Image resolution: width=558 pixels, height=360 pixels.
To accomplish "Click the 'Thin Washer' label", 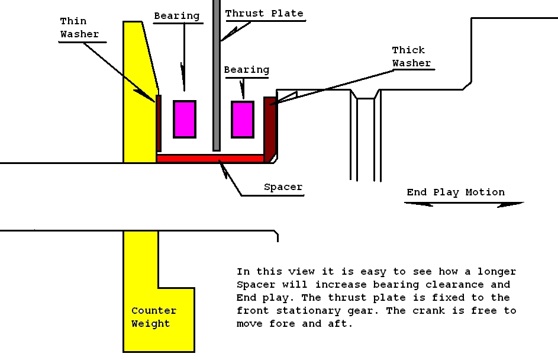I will coord(79,28).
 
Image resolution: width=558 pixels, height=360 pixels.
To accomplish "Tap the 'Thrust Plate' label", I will coord(264,13).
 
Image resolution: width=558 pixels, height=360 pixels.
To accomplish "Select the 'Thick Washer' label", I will coord(411,56).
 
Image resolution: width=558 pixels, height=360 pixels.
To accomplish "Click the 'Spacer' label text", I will coord(283,187).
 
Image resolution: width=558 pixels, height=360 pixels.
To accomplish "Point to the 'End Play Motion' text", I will coord(456,192).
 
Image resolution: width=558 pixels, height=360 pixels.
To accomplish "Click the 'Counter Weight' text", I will coord(154,317).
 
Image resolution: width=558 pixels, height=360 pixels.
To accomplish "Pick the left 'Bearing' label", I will coord(176,15).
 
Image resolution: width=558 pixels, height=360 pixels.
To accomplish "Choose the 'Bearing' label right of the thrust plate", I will coord(246,70).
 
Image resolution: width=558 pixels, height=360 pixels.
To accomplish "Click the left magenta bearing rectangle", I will coord(184,119).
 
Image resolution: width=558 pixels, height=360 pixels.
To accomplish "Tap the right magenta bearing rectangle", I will coord(242,119).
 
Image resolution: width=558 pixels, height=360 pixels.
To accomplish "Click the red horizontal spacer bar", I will coord(210,159).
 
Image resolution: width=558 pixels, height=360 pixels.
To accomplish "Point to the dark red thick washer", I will coord(270,127).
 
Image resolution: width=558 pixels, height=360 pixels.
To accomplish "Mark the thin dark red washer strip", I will coord(159,123).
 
